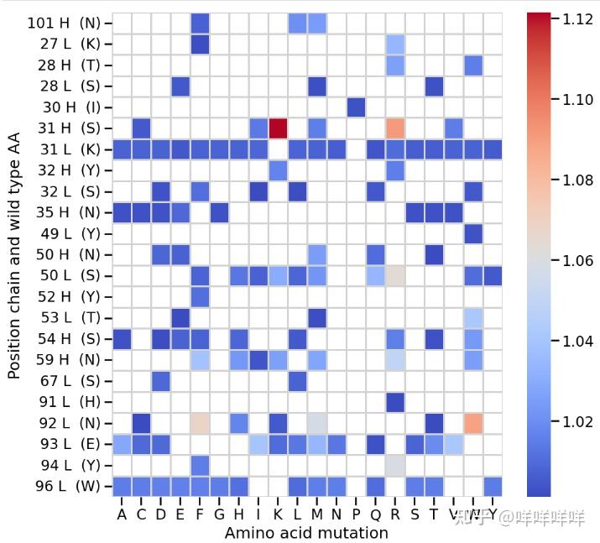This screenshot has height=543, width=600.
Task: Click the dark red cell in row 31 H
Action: point(278,128)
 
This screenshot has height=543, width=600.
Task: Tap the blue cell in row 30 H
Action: point(356,107)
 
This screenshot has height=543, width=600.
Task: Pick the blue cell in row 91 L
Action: point(395,402)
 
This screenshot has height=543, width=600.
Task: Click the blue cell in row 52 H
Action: point(200,296)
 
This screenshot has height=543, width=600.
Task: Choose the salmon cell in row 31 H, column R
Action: point(395,128)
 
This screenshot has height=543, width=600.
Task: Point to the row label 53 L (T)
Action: point(64,317)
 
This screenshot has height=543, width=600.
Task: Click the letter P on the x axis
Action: point(356,514)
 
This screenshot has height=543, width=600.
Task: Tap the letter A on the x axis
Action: point(123,514)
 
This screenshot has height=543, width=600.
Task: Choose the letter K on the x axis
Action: point(278,514)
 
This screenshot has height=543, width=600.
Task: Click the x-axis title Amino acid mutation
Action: point(306,533)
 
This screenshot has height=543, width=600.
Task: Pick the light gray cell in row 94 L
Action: point(395,465)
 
